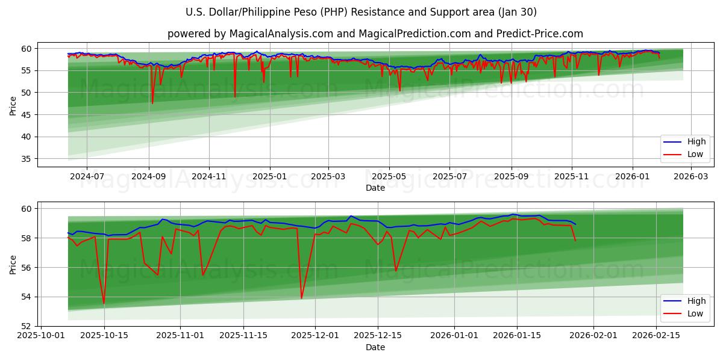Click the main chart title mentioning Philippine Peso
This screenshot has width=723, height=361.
361,12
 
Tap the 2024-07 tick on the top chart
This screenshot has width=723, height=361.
87,176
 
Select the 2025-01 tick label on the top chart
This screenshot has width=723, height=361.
269,176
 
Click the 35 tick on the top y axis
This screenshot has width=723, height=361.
27,159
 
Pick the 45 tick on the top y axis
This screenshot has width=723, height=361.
27,114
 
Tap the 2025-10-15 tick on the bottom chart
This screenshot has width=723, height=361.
104,335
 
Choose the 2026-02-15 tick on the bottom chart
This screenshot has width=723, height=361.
656,335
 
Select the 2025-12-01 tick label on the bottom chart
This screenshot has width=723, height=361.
315,335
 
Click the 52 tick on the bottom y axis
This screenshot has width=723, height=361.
27,326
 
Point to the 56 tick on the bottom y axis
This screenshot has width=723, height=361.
27,267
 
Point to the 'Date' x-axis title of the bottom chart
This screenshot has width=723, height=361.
375,347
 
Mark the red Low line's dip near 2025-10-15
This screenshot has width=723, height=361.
104,303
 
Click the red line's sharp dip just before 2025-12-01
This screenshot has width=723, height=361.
301,298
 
